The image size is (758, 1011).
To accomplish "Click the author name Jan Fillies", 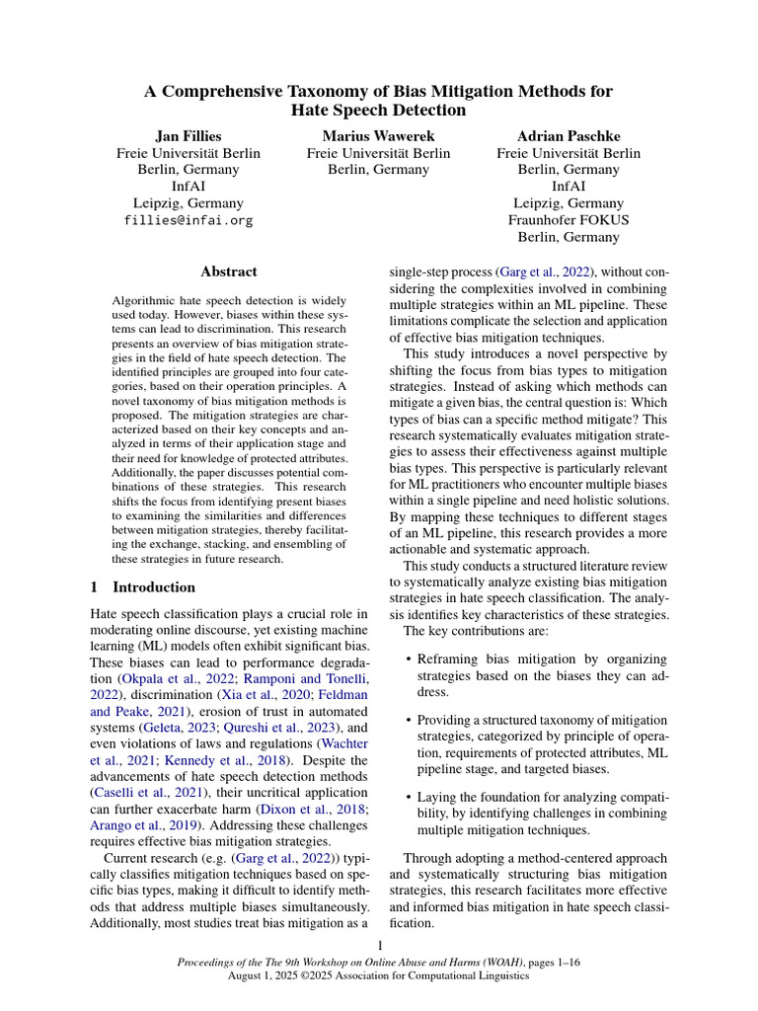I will [x=189, y=134].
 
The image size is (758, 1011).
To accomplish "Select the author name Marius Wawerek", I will [x=378, y=134].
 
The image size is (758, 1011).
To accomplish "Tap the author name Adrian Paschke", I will [x=568, y=134].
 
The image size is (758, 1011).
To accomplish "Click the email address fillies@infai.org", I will [x=189, y=220].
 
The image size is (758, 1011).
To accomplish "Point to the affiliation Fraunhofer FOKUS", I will [x=568, y=219].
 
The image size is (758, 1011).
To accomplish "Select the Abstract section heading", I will [x=228, y=271].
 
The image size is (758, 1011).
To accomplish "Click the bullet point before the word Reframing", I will [x=409, y=660].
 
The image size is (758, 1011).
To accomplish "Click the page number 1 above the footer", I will [x=379, y=945].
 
